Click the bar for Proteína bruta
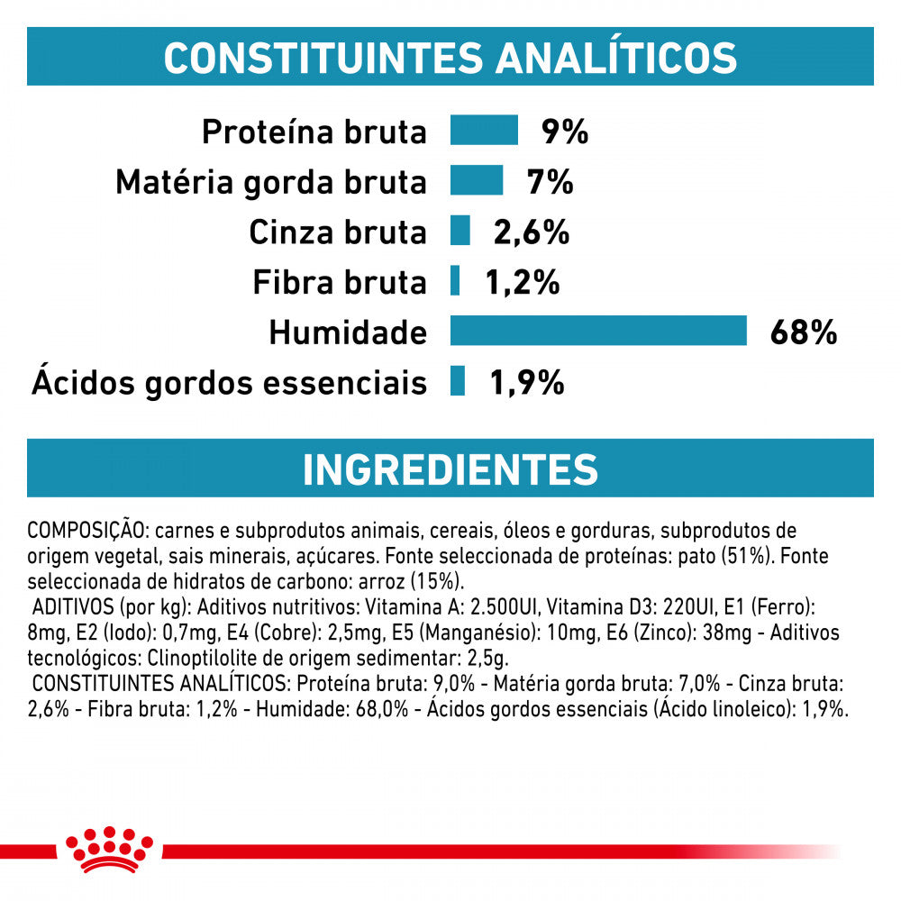484,130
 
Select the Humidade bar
598,331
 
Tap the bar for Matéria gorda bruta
477,180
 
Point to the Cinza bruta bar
460,230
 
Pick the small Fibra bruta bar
456,280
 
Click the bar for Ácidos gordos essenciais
458,380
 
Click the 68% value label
804,332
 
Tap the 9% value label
565,132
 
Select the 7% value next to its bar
551,182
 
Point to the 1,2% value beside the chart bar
523,282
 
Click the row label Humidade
347,333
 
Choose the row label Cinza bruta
337,232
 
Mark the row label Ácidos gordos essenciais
229,383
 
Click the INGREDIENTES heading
450,469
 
